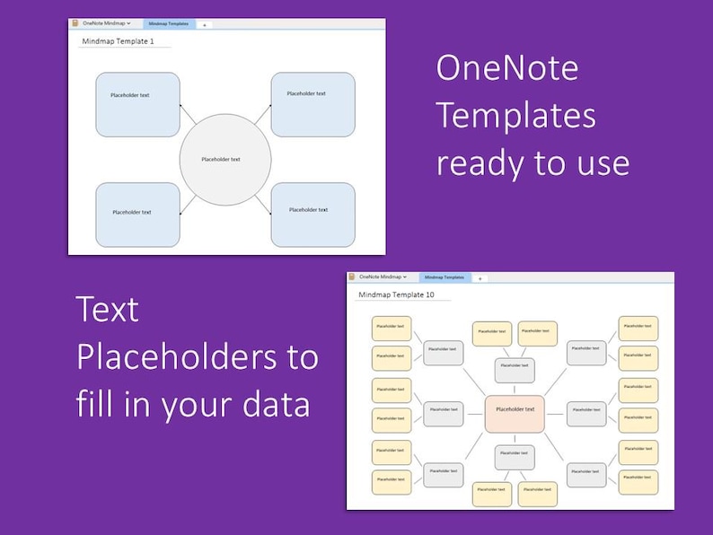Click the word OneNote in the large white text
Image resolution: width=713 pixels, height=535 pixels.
click(x=507, y=68)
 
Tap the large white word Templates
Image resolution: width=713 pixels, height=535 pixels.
click(x=516, y=116)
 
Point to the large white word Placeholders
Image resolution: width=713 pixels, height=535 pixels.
click(x=198, y=356)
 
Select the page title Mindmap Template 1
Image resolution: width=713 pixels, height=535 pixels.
click(x=118, y=41)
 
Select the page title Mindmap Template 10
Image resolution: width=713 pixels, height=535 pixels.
click(x=396, y=294)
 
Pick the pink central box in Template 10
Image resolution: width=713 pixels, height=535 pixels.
click(x=515, y=412)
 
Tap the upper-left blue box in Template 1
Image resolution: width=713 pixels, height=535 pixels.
click(x=137, y=104)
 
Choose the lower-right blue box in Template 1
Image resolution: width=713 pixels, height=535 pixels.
click(x=312, y=214)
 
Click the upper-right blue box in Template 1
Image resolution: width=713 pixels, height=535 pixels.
click(x=312, y=104)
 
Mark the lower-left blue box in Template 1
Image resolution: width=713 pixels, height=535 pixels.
click(x=137, y=214)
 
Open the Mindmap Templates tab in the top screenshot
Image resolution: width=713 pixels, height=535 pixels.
click(x=169, y=24)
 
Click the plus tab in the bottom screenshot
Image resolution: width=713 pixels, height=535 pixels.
click(x=480, y=278)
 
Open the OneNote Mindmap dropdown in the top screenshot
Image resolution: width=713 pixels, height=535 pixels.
click(x=106, y=23)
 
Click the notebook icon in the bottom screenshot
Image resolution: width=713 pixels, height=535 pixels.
click(x=352, y=277)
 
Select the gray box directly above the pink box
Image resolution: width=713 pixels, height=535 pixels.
click(x=515, y=369)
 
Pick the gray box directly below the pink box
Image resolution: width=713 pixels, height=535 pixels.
click(x=515, y=457)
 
